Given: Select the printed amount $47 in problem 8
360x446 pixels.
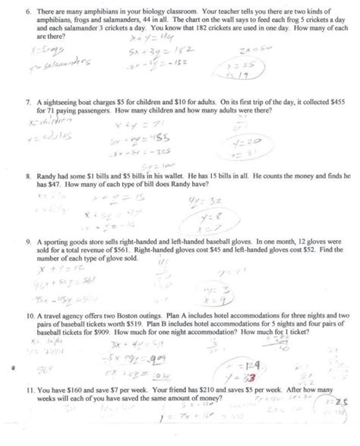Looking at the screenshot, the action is [51, 184].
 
